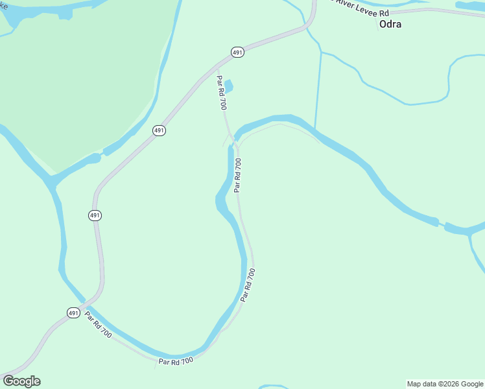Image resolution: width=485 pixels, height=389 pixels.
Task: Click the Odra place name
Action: click(x=390, y=24)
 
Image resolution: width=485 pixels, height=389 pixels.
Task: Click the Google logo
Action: click(x=21, y=381)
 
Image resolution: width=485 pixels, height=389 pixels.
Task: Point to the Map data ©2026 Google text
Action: click(x=445, y=384)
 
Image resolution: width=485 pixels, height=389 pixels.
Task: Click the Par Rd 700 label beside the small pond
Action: click(x=221, y=92)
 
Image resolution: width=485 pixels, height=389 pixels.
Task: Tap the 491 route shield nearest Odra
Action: click(x=237, y=52)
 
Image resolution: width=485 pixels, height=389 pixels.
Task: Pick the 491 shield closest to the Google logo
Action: click(x=73, y=312)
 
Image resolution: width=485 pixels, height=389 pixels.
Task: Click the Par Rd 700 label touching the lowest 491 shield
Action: click(x=98, y=327)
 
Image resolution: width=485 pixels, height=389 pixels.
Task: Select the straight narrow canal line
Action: click(x=318, y=91)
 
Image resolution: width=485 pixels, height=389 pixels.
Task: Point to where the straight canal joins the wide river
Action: click(x=315, y=128)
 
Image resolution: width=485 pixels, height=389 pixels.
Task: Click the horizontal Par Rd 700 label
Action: click(x=176, y=360)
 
